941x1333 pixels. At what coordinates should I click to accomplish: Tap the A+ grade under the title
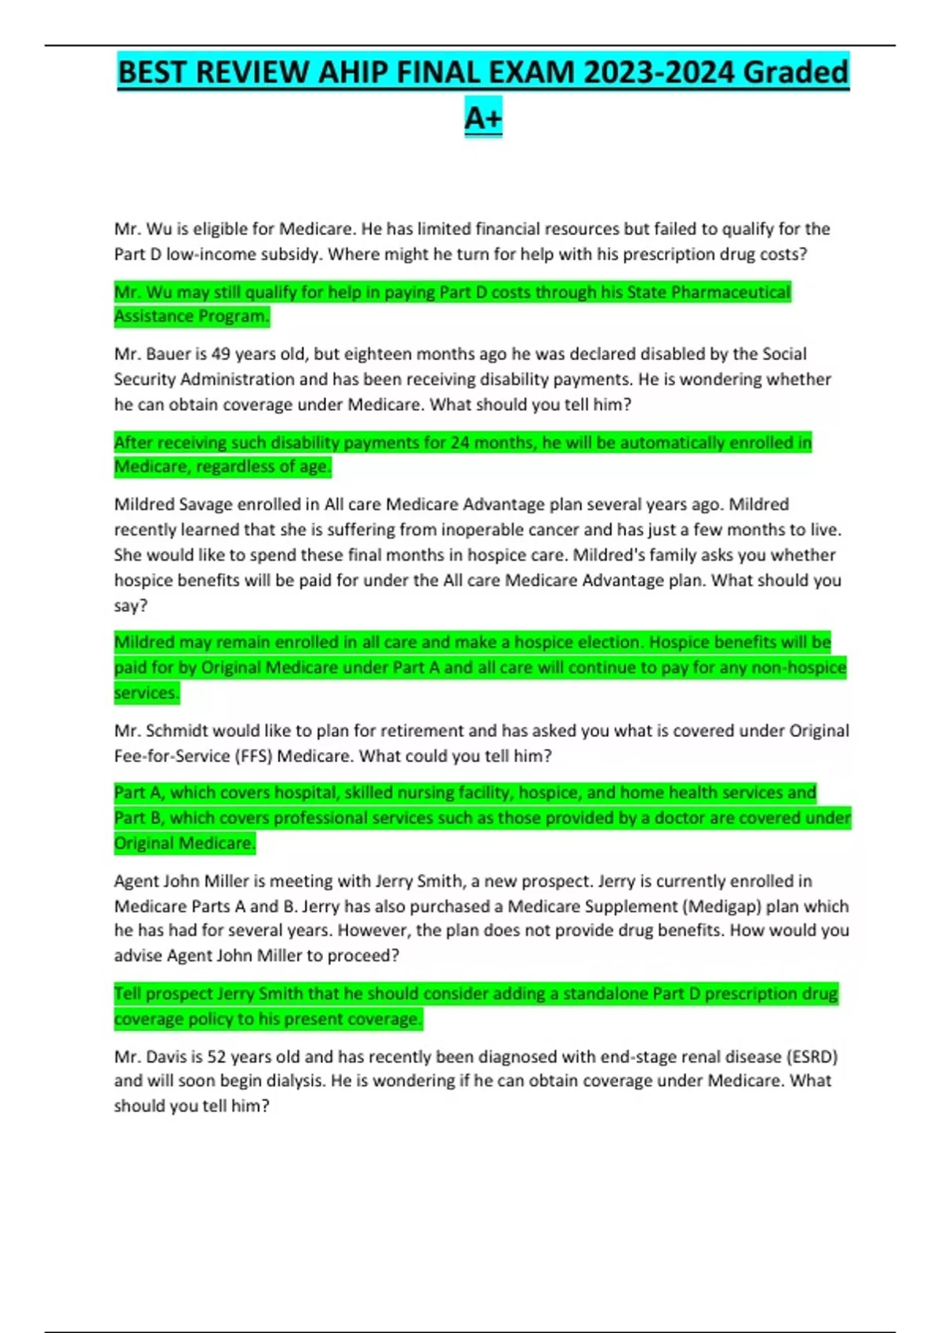(x=483, y=118)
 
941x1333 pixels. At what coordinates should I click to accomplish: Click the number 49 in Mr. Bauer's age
(x=220, y=354)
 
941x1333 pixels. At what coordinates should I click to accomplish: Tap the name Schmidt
(x=176, y=731)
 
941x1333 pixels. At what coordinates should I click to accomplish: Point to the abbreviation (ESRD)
(x=812, y=1057)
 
